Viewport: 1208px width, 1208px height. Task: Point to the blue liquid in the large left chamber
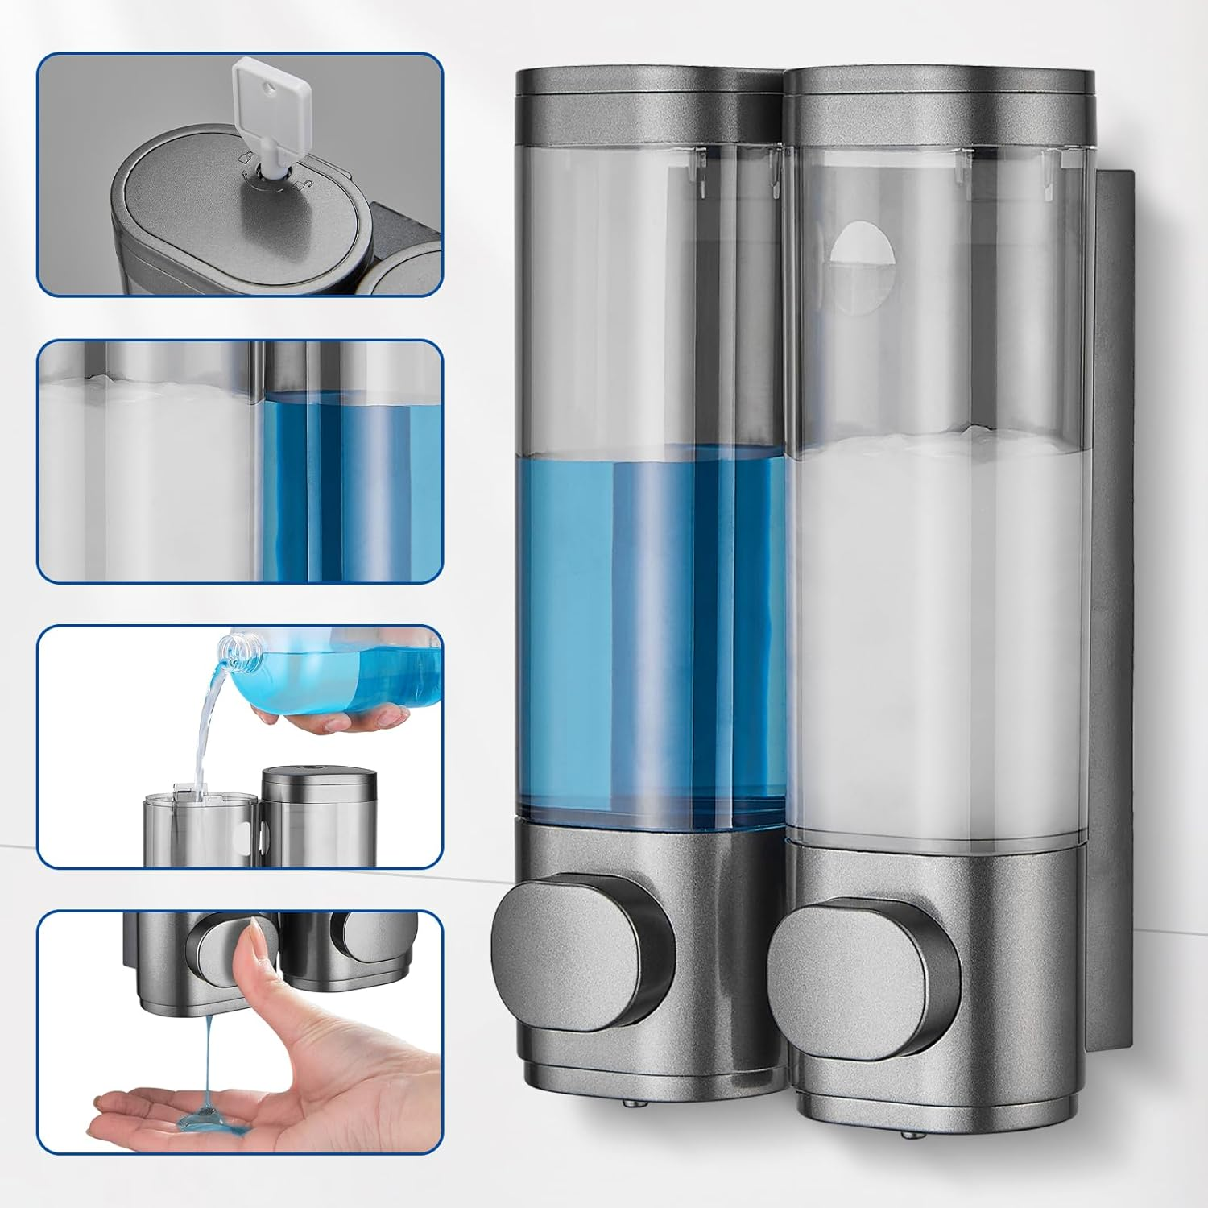click(x=648, y=628)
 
